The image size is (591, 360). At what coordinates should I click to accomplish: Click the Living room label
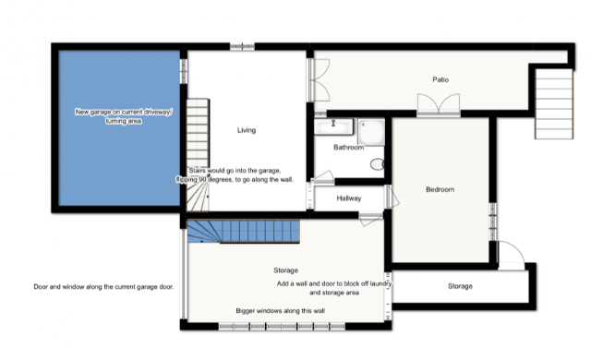[247, 130]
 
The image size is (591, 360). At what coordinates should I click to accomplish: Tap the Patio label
[440, 79]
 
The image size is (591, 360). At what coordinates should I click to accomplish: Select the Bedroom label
[440, 189]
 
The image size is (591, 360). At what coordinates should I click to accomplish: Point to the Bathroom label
[349, 148]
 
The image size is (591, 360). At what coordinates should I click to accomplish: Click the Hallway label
[349, 198]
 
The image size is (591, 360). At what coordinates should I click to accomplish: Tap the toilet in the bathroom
[377, 164]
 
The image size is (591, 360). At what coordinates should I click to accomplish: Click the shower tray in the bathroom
[371, 132]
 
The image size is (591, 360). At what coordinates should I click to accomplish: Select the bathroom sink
[333, 126]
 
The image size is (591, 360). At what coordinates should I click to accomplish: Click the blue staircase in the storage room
[244, 232]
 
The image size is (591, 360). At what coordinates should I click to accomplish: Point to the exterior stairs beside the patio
[554, 103]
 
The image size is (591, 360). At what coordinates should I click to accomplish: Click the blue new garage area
[119, 128]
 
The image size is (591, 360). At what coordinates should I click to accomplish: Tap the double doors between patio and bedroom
[439, 104]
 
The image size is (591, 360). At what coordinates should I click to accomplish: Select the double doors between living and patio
[320, 79]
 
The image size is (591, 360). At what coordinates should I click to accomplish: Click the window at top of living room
[242, 47]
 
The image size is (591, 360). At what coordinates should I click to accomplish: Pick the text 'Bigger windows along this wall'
[281, 311]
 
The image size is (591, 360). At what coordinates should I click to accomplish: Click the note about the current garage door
[103, 286]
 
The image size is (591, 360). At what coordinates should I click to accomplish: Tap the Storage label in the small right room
[460, 286]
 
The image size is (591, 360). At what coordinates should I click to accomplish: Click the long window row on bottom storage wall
[282, 327]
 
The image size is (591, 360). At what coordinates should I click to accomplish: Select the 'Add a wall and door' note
[334, 288]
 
